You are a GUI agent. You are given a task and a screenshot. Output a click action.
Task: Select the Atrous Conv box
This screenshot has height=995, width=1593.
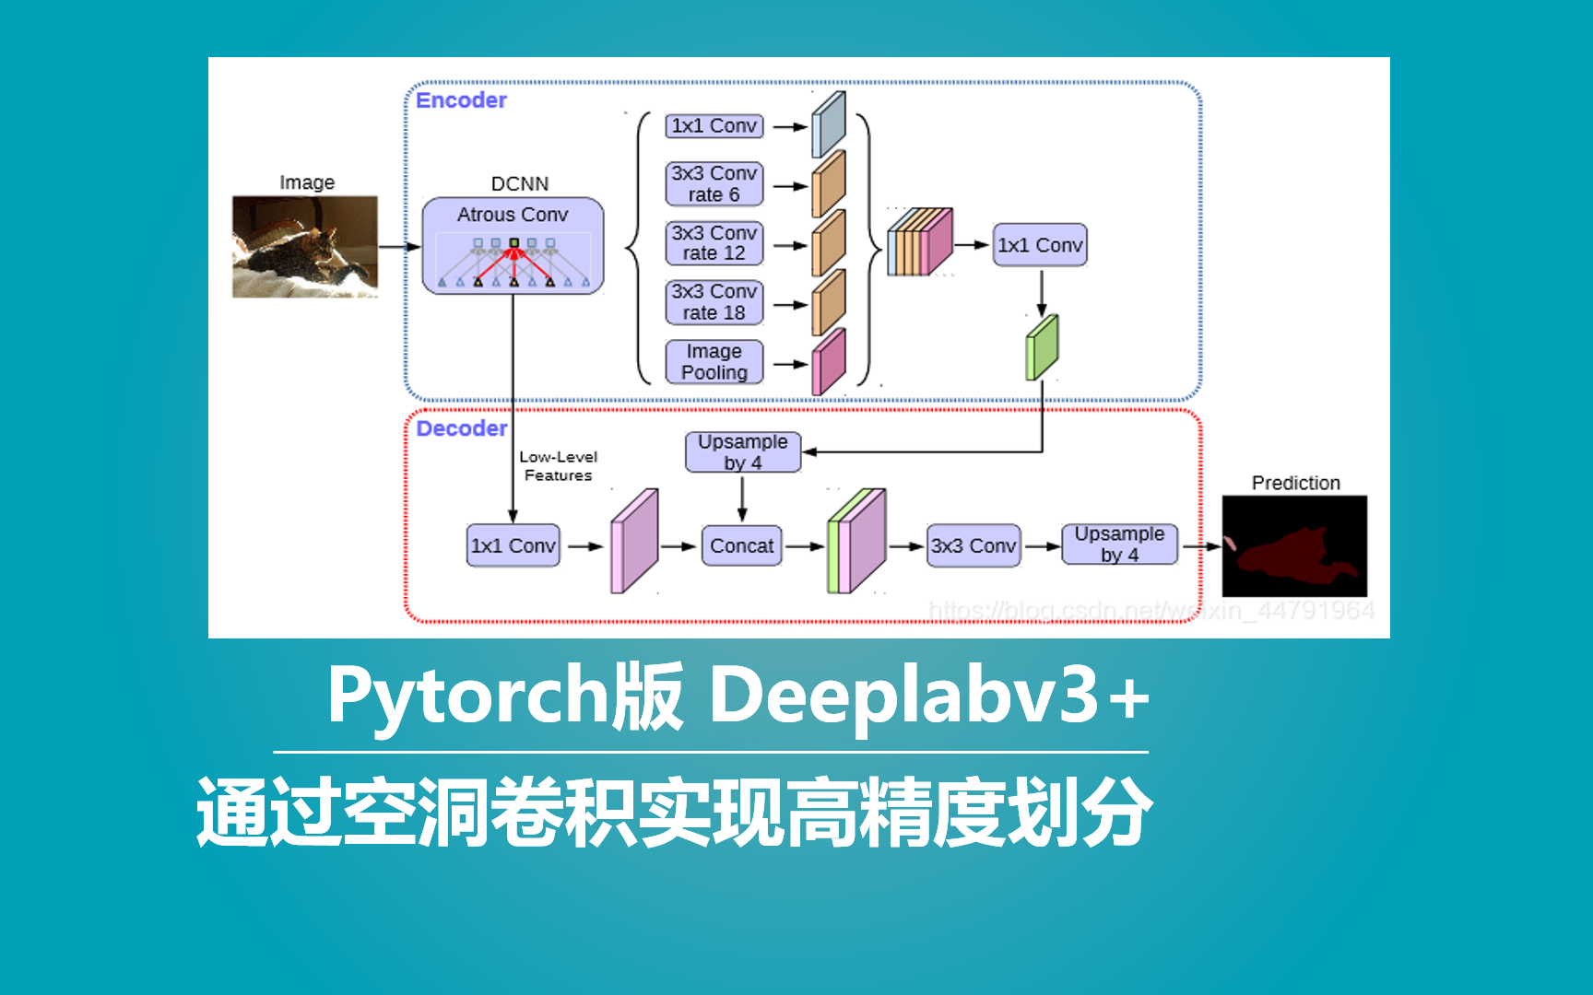pos(513,245)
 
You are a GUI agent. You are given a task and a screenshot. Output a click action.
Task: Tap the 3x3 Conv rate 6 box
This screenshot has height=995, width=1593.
pos(714,183)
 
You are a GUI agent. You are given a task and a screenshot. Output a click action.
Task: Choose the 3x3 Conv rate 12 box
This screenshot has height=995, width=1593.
pos(714,243)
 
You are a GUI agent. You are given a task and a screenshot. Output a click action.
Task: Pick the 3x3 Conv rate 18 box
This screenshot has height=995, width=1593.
pos(714,302)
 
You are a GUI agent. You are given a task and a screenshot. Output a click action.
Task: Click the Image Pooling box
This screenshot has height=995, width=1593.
pos(714,362)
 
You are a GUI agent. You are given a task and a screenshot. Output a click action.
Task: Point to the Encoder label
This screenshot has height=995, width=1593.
pos(461,100)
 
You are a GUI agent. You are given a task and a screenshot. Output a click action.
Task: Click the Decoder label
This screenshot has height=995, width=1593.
pos(461,428)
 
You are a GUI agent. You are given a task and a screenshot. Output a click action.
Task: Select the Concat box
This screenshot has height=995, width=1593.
pos(741,545)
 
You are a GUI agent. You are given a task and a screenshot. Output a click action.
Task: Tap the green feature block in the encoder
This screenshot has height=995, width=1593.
pos(1042,347)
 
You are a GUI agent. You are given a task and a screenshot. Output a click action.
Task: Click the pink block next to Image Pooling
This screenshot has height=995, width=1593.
pos(828,363)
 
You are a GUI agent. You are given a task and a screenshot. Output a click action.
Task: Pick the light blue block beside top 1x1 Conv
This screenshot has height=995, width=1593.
pos(828,125)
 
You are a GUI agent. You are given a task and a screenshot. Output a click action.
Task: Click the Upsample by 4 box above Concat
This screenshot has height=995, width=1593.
pos(742,452)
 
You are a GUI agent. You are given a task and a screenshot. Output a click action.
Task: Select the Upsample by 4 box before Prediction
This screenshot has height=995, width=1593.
pos(1119,544)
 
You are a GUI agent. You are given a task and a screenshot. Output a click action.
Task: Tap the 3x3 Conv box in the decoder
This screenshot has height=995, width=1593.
pos(973,545)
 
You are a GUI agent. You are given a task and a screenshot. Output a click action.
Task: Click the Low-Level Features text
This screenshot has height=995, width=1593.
pos(558,466)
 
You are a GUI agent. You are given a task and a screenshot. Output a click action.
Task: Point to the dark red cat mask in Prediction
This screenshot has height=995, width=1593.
pos(1286,553)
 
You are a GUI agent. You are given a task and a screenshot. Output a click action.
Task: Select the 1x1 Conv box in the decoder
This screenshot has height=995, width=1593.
pos(513,545)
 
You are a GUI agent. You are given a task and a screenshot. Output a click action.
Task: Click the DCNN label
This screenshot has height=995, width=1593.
pos(519,183)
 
